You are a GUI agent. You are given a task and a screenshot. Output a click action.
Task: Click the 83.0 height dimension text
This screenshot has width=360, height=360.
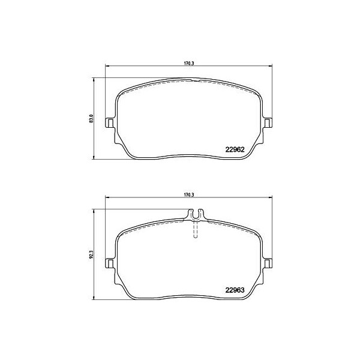[x=91, y=119]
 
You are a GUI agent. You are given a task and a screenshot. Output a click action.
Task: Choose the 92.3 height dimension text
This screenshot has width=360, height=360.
[x=91, y=254]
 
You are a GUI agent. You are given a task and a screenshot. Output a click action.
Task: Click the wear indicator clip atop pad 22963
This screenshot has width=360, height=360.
[x=196, y=214]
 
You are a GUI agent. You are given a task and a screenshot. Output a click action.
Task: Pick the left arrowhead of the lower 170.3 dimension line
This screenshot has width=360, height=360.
[x=107, y=199]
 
